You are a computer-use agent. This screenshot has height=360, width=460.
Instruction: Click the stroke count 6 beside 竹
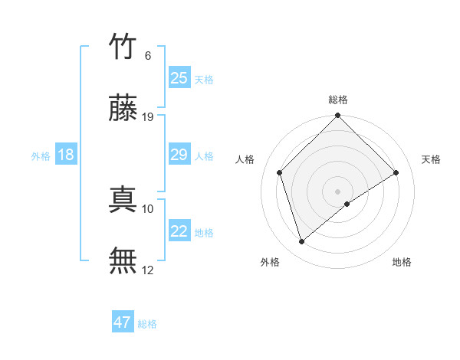[x=148, y=56]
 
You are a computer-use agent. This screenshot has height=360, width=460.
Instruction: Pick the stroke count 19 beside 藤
[x=149, y=117]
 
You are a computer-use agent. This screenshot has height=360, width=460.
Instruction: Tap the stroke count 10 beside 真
[x=149, y=208]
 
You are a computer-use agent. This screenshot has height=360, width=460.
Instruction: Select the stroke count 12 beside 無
[x=149, y=270]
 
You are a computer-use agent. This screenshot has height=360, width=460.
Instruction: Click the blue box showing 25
[x=179, y=78]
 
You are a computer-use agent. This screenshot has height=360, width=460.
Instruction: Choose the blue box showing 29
[x=179, y=155]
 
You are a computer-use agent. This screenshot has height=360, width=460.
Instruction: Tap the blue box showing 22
[x=179, y=231]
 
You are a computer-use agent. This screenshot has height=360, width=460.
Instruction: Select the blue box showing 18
[x=66, y=155]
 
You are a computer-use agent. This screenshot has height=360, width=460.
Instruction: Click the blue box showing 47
[x=123, y=322]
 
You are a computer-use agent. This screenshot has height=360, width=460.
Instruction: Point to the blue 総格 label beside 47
[x=147, y=324]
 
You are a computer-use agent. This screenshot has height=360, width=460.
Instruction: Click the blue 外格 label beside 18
[x=41, y=156]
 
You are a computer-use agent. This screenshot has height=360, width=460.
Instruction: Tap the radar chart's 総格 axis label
[x=338, y=100]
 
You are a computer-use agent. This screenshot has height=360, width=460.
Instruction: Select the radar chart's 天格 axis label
[x=432, y=159]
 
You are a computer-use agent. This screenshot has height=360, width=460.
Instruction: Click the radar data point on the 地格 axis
[x=347, y=204]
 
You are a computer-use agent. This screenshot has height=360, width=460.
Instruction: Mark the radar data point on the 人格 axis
[x=280, y=172]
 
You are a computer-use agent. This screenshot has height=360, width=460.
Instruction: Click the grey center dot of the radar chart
[x=338, y=191]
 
